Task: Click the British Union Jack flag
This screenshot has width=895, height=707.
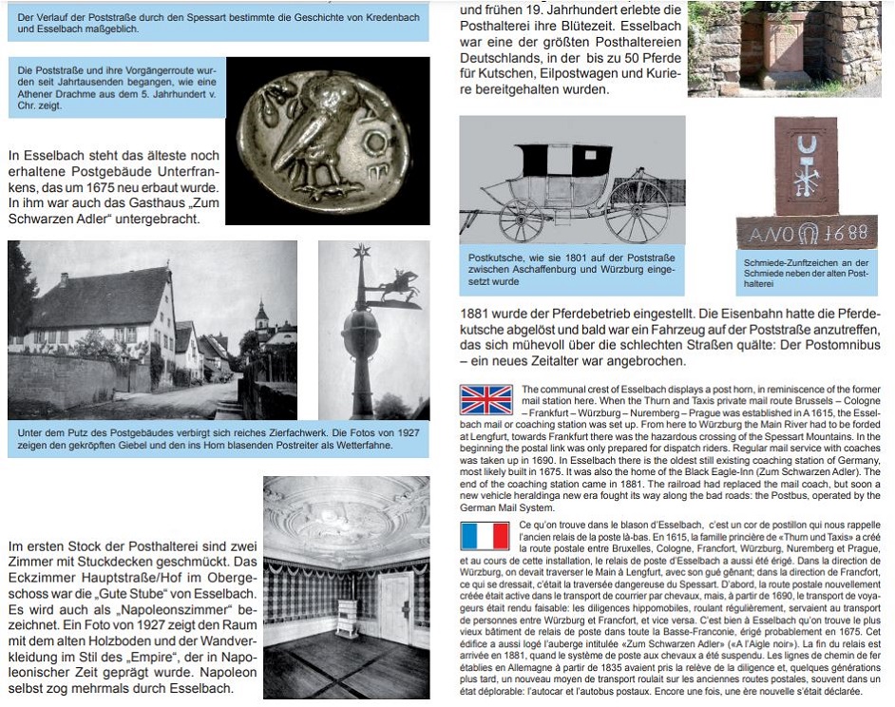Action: click(486, 400)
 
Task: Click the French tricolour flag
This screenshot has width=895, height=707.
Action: click(486, 537)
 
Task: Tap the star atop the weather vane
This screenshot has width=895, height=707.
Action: click(360, 252)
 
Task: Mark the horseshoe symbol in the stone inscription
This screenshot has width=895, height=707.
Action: click(808, 233)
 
